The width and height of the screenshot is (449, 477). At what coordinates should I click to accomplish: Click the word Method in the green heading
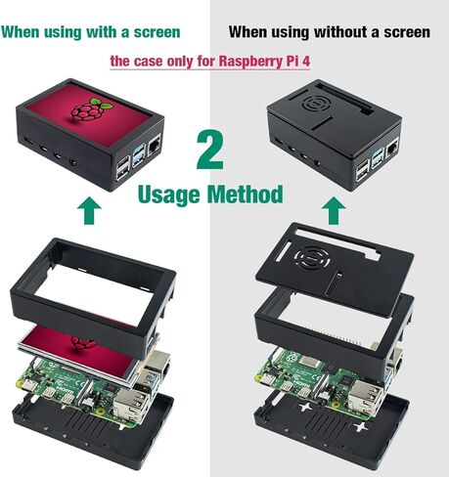pos(247,194)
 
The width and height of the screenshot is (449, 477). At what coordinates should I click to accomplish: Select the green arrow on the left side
pos(89,209)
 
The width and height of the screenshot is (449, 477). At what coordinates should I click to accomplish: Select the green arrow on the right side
pos(333,209)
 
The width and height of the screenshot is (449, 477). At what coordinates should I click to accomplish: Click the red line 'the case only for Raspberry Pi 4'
pos(224,61)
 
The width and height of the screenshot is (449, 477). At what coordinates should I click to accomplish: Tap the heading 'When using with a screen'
pos(91,31)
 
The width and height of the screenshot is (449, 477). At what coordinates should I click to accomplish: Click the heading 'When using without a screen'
pos(329,31)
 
